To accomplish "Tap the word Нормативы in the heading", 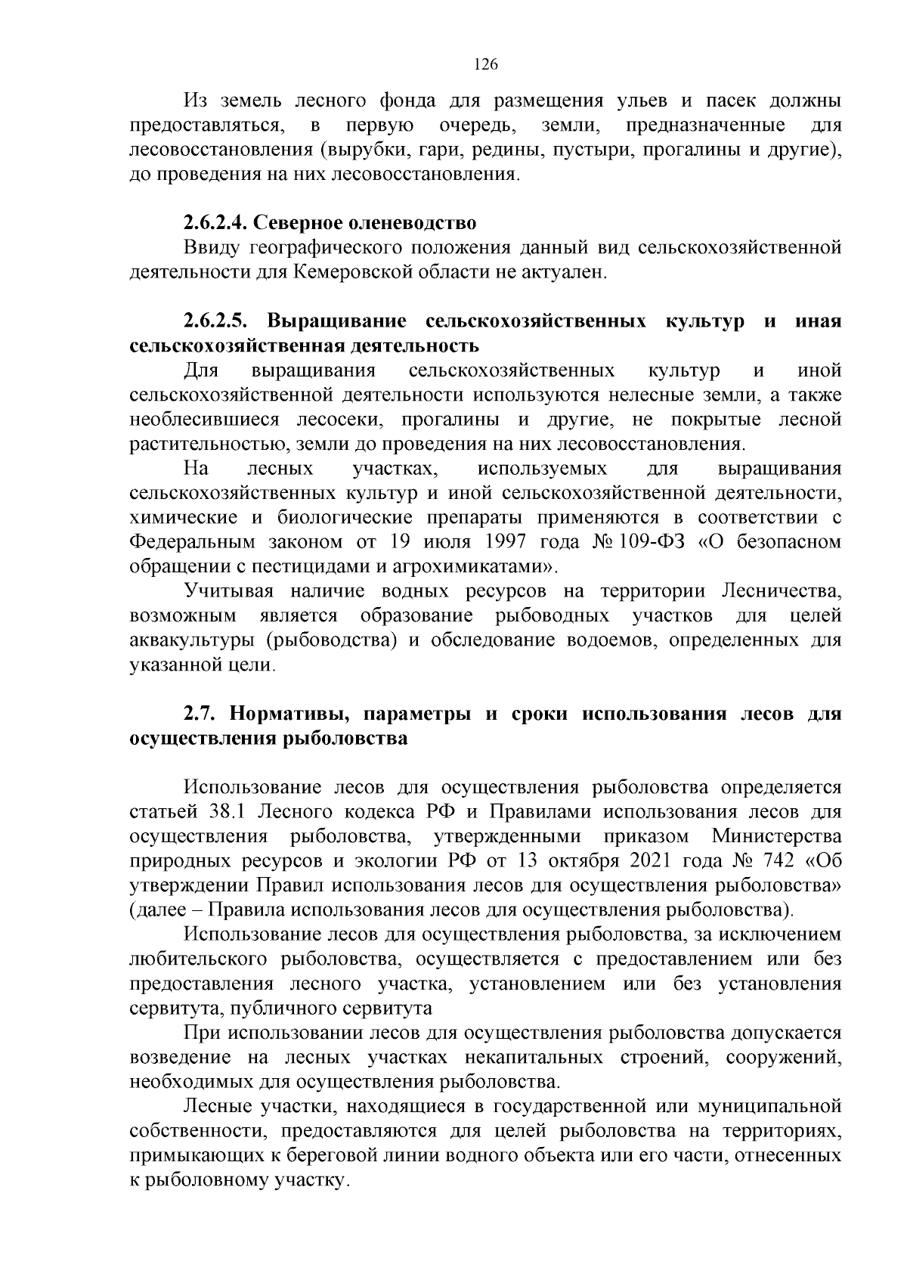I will pos(286,714).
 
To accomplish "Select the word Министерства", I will pos(776,837).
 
